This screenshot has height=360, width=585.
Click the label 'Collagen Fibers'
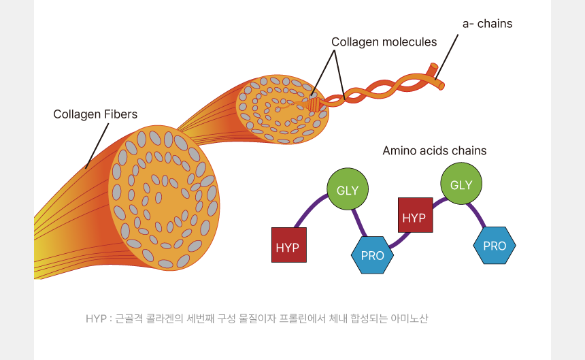(95, 114)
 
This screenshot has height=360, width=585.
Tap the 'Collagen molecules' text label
(384, 42)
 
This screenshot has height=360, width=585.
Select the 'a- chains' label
(487, 24)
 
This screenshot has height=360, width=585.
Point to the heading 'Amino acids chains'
(434, 150)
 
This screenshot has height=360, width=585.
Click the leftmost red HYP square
(288, 245)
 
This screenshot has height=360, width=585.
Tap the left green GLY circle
(348, 190)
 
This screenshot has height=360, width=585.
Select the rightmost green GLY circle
(461, 184)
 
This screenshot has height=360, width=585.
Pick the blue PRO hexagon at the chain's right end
(495, 245)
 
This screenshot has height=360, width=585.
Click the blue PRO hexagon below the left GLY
(372, 255)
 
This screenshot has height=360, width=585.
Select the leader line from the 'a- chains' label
(448, 54)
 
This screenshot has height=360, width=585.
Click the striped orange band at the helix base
(314, 105)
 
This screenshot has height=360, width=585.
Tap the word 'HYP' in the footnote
(96, 318)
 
